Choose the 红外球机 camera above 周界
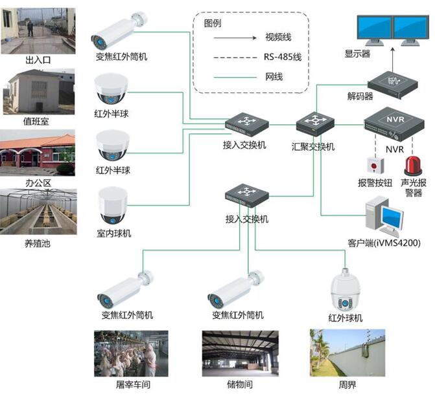point(346,289)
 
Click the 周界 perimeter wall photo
point(347,354)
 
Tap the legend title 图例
point(213,23)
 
